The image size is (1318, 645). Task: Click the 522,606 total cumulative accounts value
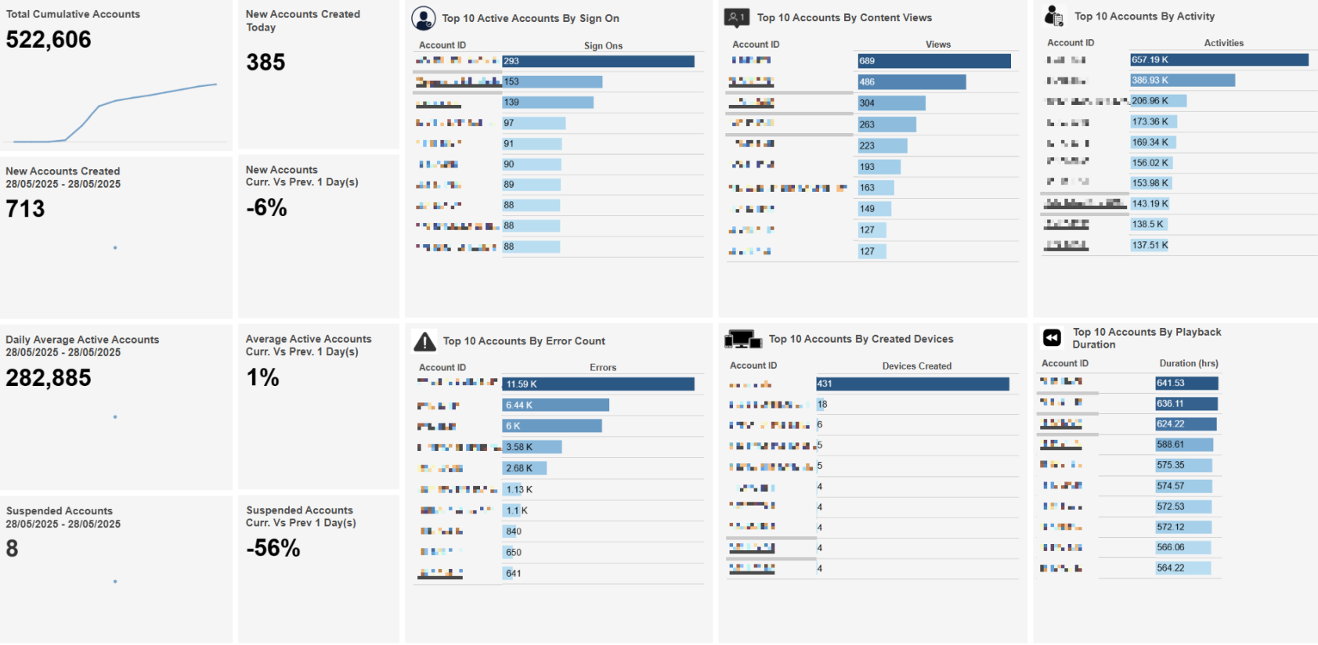tap(49, 40)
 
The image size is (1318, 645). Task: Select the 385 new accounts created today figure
tap(265, 63)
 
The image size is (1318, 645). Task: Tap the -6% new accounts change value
tap(266, 207)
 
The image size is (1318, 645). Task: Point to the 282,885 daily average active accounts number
tap(49, 378)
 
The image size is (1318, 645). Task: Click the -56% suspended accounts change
tap(273, 548)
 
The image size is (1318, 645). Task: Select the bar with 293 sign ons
tap(598, 61)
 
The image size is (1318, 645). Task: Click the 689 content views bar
tap(934, 61)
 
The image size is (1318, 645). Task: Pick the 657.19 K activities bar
tap(1219, 59)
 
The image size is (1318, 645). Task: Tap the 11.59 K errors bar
tap(598, 384)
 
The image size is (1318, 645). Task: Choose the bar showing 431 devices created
tap(912, 384)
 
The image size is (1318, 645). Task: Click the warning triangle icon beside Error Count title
tap(424, 341)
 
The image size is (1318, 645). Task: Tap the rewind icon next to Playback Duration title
tap(1052, 337)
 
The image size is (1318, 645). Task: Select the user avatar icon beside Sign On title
tap(424, 18)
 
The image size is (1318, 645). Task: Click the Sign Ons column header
tap(603, 46)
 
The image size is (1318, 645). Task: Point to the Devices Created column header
tap(916, 366)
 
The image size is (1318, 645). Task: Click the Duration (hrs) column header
tap(1188, 364)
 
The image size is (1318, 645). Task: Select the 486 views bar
tap(912, 82)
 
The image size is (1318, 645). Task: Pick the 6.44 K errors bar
tap(555, 405)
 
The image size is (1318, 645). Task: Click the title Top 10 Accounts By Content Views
tap(844, 18)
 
